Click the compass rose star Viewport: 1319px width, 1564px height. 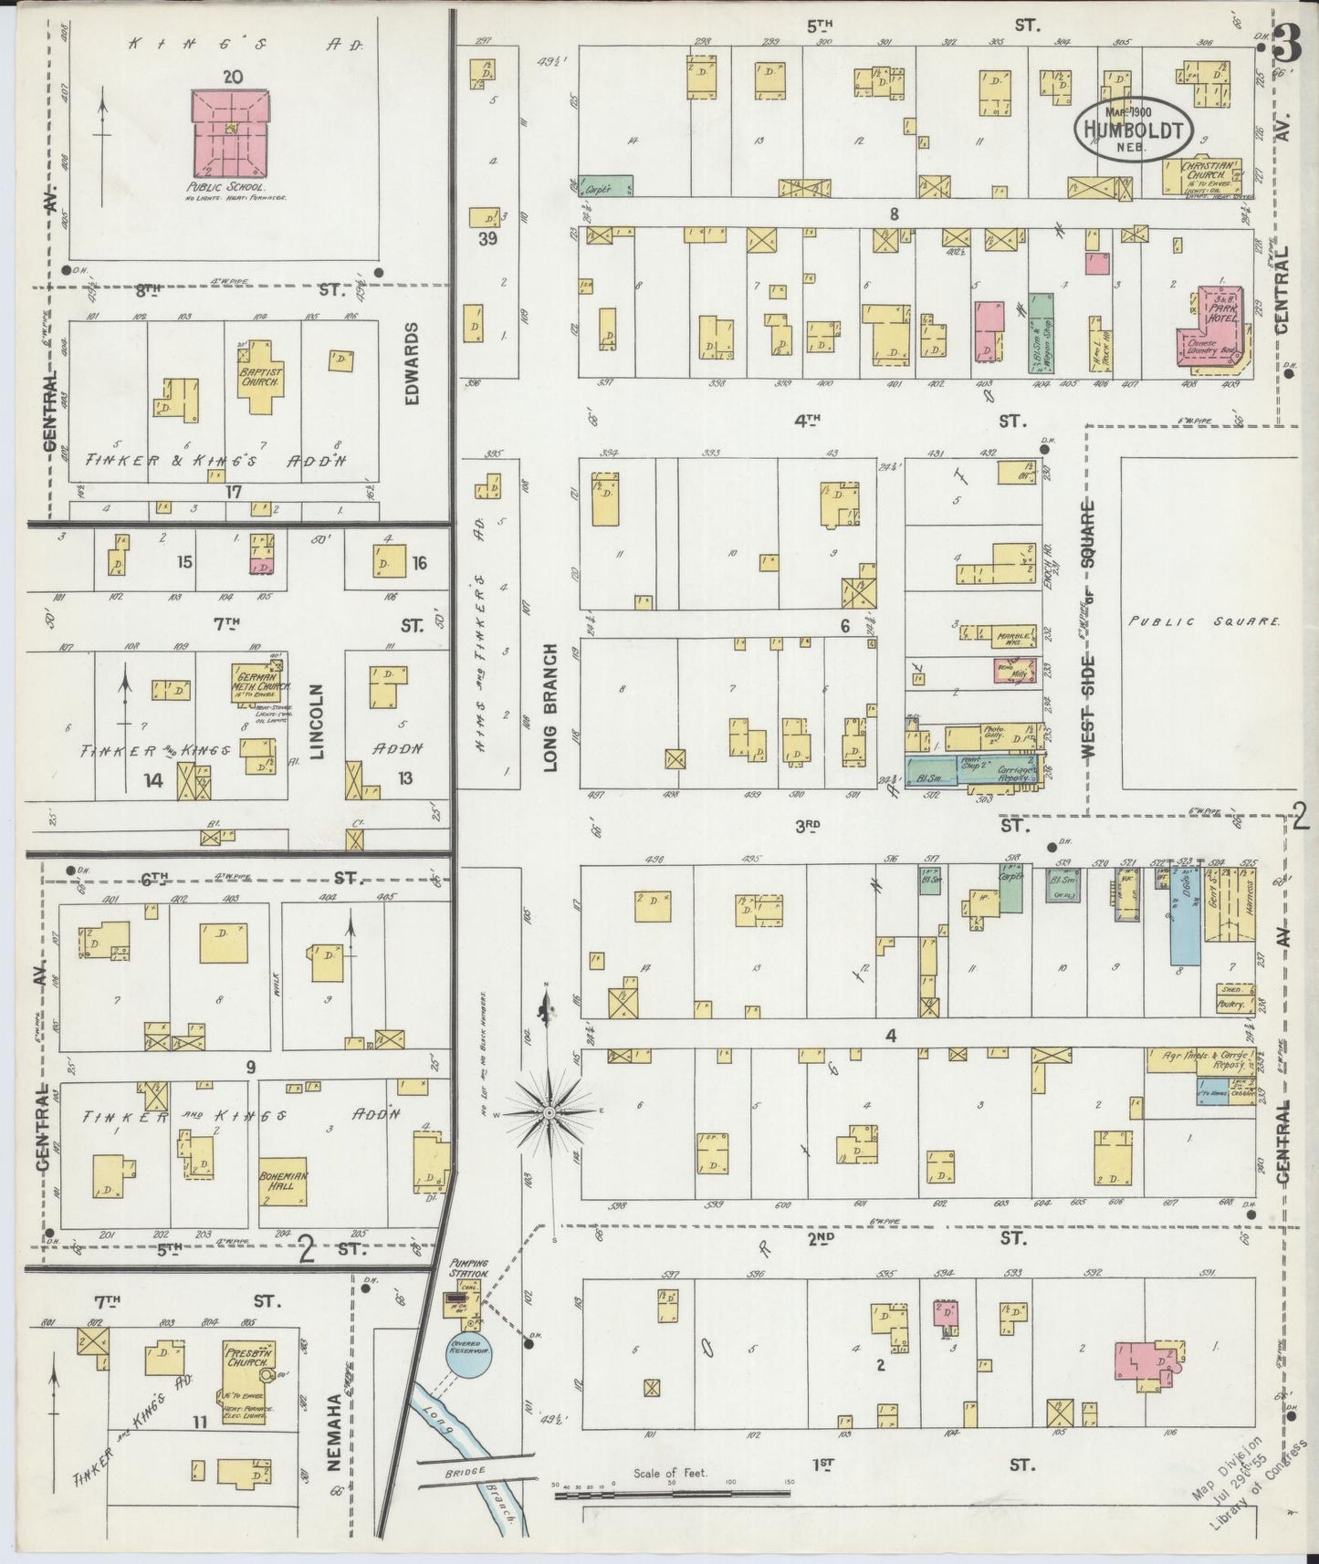click(x=550, y=1113)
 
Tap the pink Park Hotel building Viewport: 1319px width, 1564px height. click(x=1214, y=324)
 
